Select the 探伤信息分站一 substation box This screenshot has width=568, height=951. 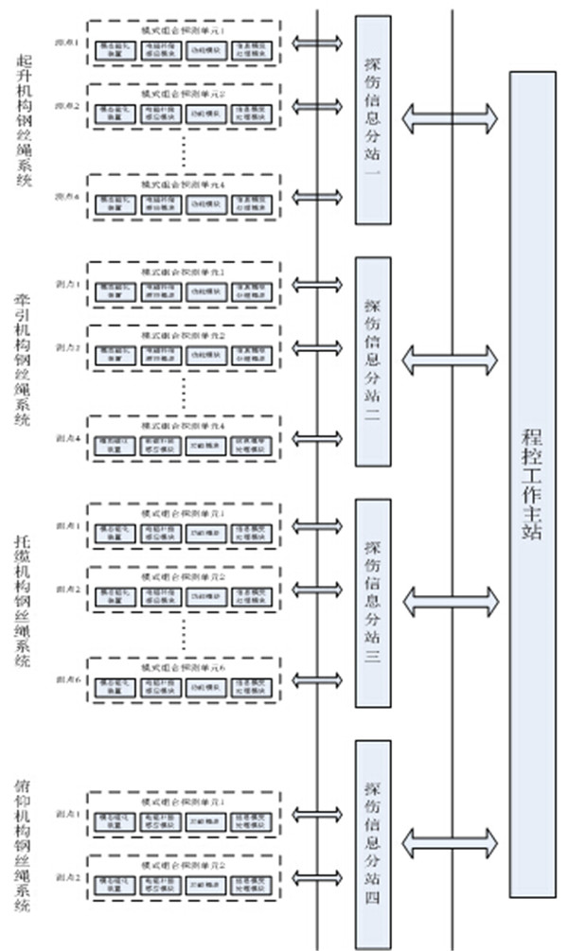click(x=372, y=119)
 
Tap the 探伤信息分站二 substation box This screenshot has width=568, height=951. click(x=372, y=361)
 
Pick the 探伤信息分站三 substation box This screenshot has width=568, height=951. click(x=372, y=603)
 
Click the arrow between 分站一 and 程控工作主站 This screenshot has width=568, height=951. click(x=450, y=117)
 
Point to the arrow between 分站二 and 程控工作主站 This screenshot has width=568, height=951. click(x=450, y=360)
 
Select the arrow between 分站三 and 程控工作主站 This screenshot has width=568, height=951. click(x=450, y=600)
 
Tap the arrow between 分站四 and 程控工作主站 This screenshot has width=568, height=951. click(x=450, y=840)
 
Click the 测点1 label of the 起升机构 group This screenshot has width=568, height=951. click(x=66, y=44)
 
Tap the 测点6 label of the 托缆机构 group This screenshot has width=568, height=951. click(x=66, y=679)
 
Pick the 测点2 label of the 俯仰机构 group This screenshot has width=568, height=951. click(x=66, y=877)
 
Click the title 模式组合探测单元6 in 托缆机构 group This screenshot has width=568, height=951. click(x=183, y=666)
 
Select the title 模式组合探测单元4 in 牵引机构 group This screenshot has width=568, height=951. click(x=183, y=425)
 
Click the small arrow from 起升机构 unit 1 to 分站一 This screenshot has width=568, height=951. click(x=317, y=44)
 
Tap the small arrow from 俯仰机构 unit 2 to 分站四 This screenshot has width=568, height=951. click(x=317, y=877)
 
